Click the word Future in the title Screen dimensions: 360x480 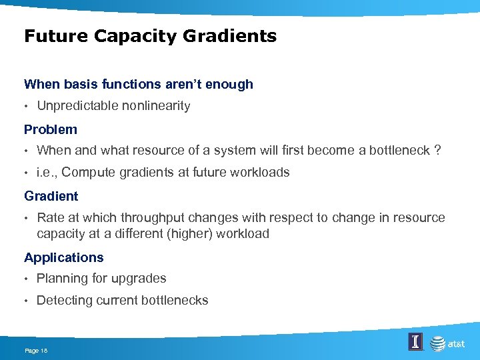(56, 36)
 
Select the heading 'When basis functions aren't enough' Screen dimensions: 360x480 (139, 85)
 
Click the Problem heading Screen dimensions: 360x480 (51, 130)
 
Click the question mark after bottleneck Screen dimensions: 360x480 (437, 151)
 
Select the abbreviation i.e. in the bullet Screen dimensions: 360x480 (47, 173)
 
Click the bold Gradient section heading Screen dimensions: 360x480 (51, 197)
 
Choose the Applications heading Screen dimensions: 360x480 (64, 258)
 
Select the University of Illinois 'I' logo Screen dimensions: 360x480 (415, 343)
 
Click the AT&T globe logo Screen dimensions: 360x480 (438, 344)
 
